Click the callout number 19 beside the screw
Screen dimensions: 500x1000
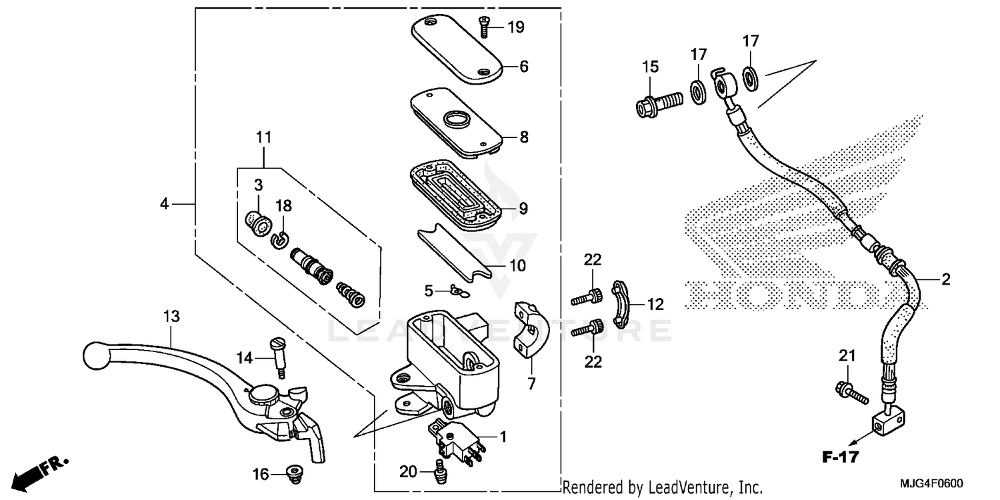point(516,27)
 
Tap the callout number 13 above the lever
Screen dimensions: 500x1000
point(172,317)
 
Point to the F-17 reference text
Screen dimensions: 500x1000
point(839,457)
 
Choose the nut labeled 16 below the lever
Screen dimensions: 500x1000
point(293,473)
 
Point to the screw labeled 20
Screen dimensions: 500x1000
point(440,471)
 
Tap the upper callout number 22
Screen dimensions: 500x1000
point(593,259)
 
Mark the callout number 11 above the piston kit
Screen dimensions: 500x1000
point(263,138)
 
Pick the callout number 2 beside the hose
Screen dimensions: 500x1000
point(945,280)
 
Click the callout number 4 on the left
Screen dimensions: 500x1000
point(165,204)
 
